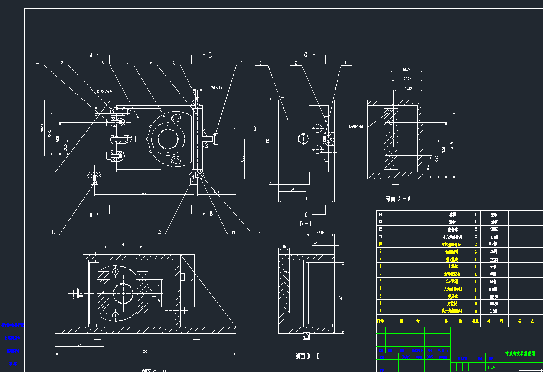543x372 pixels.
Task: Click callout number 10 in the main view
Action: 38,62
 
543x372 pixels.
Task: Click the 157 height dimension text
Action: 268,141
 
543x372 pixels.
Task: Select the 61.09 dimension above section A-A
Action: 406,69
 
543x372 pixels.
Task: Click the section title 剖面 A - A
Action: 398,199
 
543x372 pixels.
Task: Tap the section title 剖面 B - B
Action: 307,356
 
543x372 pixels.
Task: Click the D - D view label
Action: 306,224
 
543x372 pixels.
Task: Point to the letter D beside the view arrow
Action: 254,128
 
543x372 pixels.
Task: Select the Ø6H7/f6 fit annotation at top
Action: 216,87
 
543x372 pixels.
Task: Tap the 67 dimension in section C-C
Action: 79,344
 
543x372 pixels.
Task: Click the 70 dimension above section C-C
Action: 123,245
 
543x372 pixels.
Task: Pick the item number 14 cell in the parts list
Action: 381,214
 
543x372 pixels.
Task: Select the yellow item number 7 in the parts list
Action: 381,266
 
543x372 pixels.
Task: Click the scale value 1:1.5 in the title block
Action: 491,367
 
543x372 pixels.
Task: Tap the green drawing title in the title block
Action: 520,353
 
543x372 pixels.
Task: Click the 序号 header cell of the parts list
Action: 381,321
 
